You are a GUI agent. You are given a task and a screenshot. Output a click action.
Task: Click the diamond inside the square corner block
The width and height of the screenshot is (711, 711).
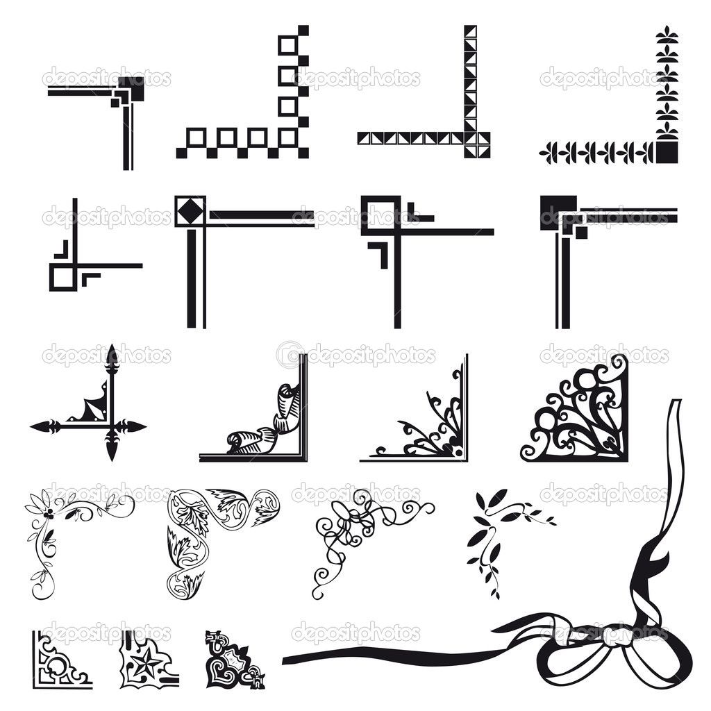190,211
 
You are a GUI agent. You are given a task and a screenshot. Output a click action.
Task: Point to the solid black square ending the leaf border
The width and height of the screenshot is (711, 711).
667,151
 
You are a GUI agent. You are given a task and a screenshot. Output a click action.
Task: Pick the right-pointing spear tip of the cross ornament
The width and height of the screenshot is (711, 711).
134,427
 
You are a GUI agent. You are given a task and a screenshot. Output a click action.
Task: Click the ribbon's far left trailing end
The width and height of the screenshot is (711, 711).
285,660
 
